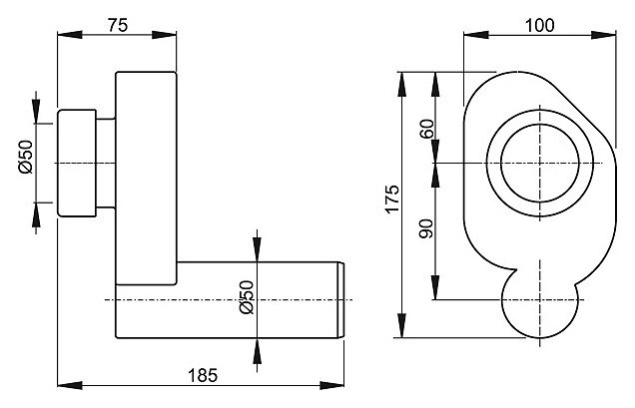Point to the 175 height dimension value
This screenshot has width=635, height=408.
coord(391,200)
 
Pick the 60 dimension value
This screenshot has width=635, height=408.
coord(427,129)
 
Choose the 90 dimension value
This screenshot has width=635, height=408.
coord(427,228)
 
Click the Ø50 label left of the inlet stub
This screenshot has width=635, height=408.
coord(26,158)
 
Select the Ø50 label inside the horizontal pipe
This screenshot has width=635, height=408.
coord(248,298)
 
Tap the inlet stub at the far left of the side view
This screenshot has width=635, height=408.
coord(76,162)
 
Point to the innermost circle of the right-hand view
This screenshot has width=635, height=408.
coord(538,163)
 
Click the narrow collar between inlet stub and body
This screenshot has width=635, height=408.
coord(106,162)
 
